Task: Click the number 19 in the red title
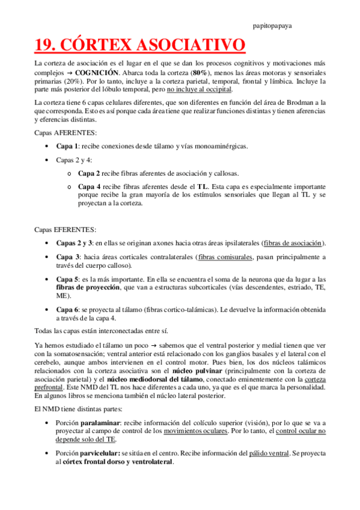(x=44, y=46)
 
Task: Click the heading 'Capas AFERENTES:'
(x=61, y=132)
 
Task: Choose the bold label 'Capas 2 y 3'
(x=74, y=243)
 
